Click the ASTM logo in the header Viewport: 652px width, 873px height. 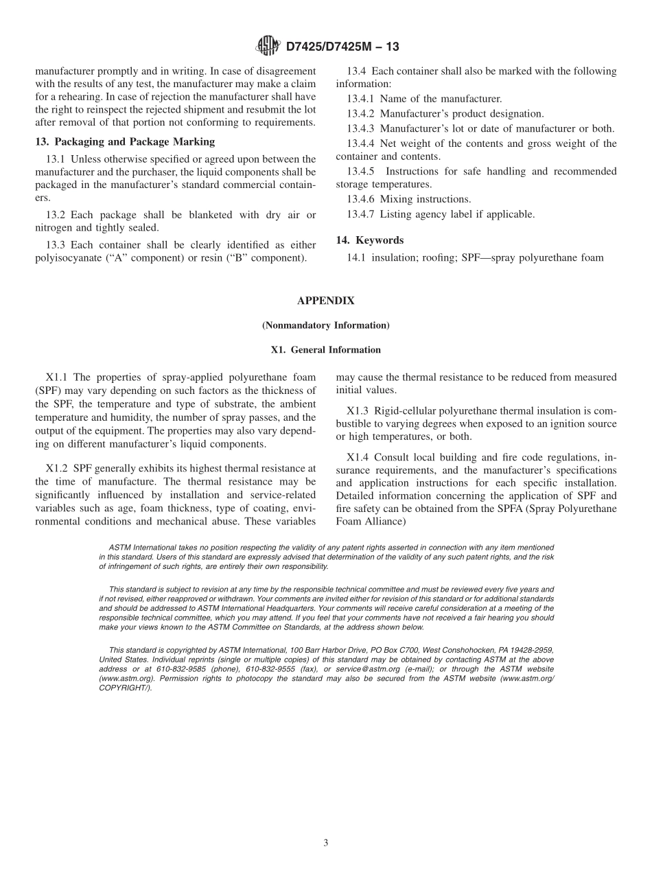click(267, 46)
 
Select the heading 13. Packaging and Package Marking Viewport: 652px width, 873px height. click(125, 141)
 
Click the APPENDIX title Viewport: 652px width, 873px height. click(325, 301)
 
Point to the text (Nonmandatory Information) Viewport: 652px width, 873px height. click(325, 325)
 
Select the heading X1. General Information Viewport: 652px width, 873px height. click(325, 349)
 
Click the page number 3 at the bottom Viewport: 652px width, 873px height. click(326, 843)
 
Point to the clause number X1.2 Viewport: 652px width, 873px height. click(58, 468)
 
